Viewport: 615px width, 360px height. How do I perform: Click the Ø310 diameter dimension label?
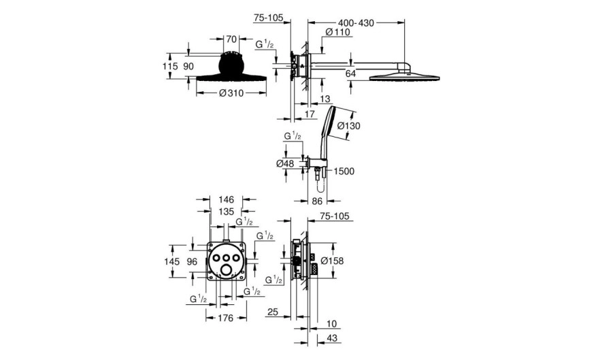click(231, 93)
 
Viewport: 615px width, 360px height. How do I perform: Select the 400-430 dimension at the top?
click(356, 23)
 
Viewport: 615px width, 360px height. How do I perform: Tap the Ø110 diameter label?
click(337, 32)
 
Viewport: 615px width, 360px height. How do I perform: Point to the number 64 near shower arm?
click(350, 73)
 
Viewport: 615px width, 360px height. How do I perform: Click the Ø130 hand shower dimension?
click(348, 127)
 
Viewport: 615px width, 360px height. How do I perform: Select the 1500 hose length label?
click(344, 171)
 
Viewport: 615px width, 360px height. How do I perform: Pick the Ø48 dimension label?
click(285, 163)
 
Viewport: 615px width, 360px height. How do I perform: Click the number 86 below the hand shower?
click(317, 201)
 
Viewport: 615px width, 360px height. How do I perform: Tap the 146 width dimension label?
click(226, 199)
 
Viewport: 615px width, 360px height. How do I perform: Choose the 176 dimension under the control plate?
click(226, 318)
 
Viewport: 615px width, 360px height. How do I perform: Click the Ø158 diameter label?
click(332, 261)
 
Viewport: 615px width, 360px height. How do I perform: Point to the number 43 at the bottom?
click(331, 338)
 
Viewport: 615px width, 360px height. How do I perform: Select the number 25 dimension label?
click(273, 312)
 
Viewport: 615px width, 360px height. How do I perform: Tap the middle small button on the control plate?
click(227, 257)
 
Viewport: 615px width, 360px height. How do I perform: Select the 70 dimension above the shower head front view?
click(231, 39)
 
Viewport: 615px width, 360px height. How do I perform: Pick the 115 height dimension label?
click(170, 66)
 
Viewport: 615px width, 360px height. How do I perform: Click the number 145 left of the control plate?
click(172, 261)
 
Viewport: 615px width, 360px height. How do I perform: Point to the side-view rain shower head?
click(404, 76)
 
